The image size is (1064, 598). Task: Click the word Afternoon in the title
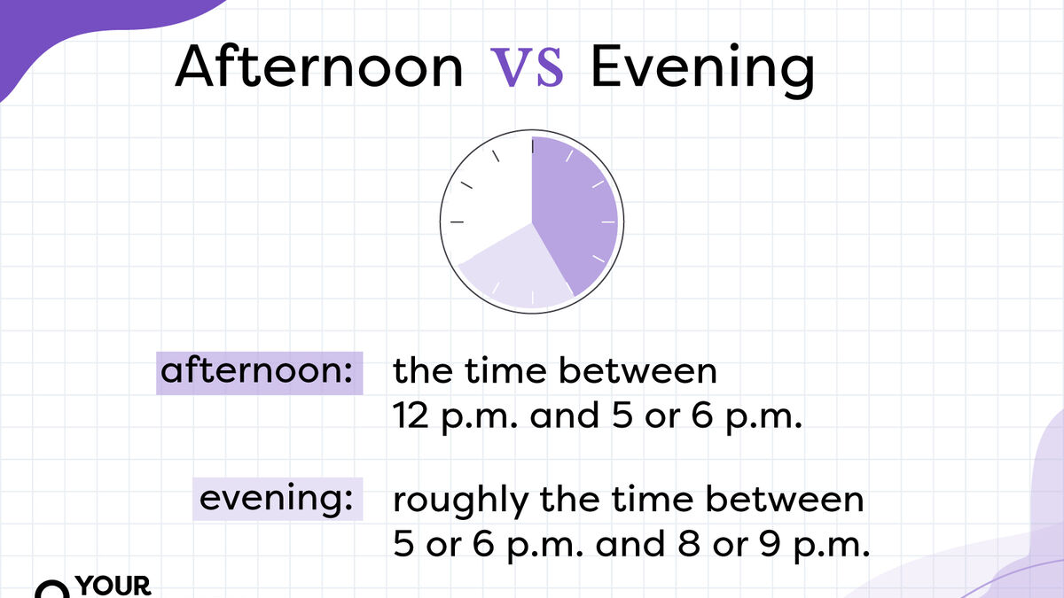(x=319, y=67)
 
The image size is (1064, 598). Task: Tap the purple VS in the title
(x=527, y=68)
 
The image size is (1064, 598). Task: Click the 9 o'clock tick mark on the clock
(x=458, y=220)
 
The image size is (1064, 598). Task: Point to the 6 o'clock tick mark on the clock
(x=532, y=295)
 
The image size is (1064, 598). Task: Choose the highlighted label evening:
(x=271, y=499)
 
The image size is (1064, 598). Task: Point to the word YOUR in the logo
(x=113, y=586)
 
